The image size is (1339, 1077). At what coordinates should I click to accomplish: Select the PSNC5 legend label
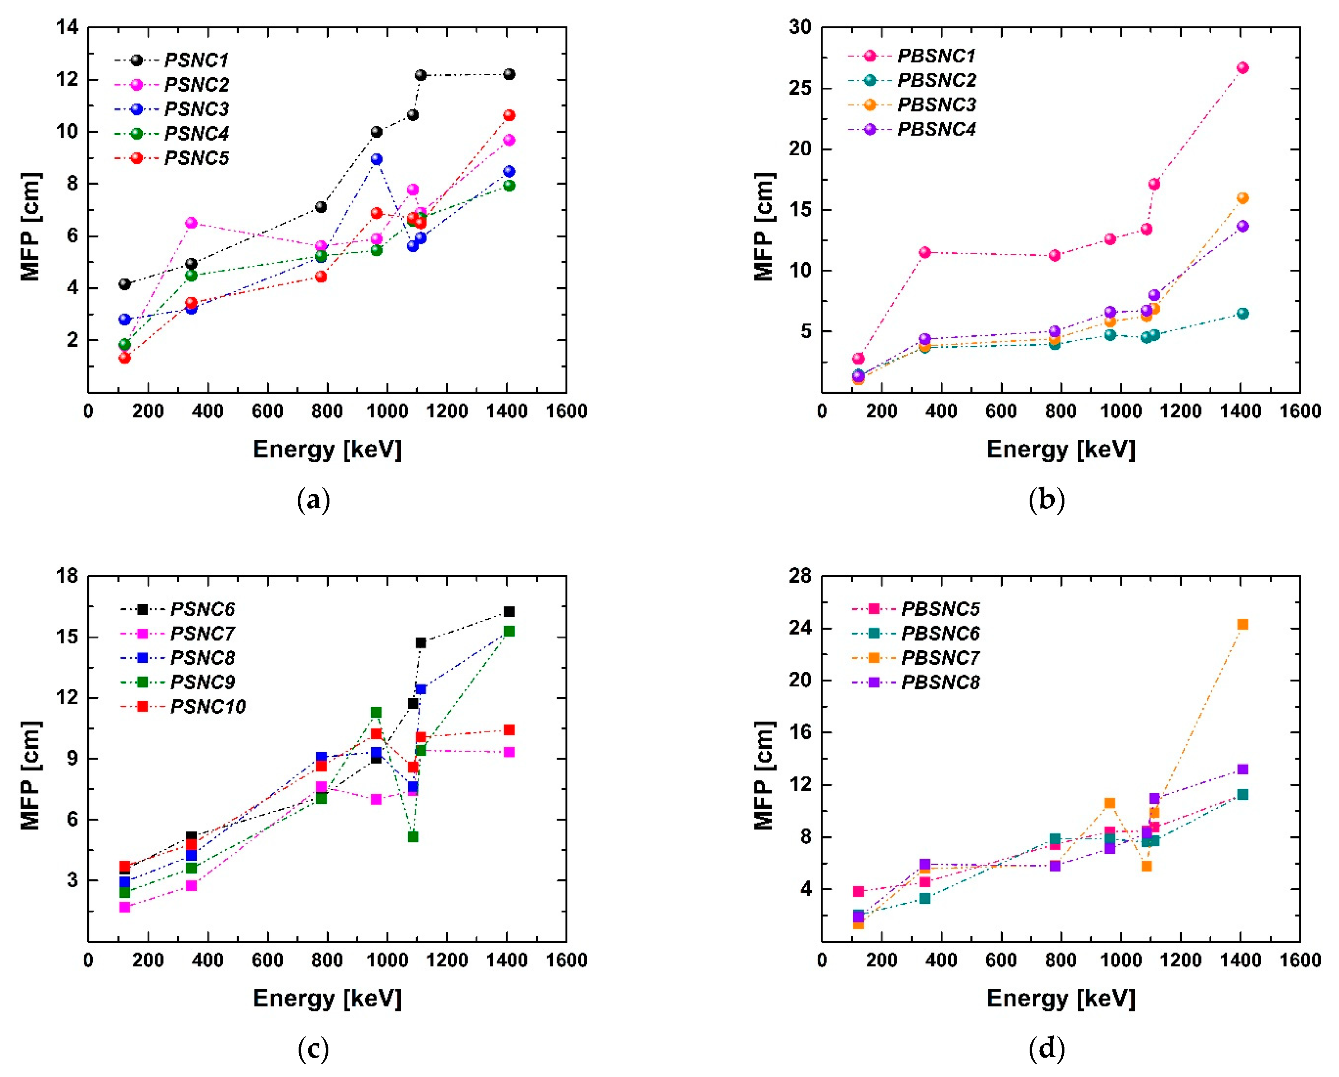pyautogui.click(x=196, y=158)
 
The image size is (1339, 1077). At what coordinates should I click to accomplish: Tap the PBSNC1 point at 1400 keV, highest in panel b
pyautogui.click(x=1242, y=68)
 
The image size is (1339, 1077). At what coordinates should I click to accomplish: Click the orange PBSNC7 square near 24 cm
pyautogui.click(x=1242, y=624)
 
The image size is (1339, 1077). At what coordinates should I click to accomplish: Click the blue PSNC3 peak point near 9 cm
pyautogui.click(x=376, y=160)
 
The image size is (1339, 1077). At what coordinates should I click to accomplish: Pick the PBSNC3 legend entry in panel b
pyautogui.click(x=937, y=105)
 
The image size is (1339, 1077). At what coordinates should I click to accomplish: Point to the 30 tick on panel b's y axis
pyautogui.click(x=800, y=27)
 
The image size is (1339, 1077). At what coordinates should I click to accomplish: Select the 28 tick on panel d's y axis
pyautogui.click(x=800, y=576)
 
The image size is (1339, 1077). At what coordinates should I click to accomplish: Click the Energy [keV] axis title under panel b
pyautogui.click(x=1061, y=449)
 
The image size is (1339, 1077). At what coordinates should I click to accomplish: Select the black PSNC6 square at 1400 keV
pyautogui.click(x=509, y=611)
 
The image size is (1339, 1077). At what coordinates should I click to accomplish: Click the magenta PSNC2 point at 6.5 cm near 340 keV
pyautogui.click(x=191, y=223)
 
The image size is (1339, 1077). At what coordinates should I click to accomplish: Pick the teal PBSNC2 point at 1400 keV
pyautogui.click(x=1242, y=313)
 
